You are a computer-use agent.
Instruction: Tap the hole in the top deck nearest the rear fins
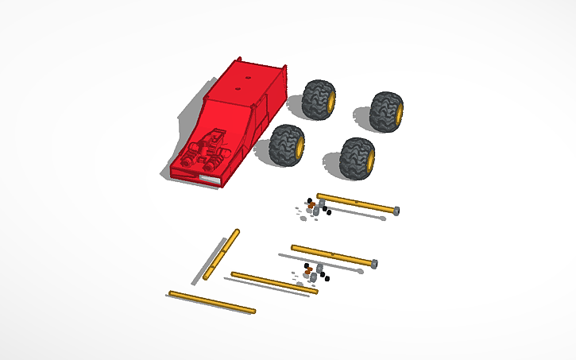coord(249,78)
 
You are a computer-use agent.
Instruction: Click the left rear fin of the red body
coord(238,62)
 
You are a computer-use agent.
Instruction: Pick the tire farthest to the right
coord(388,110)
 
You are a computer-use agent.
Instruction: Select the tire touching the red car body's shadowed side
coord(285,145)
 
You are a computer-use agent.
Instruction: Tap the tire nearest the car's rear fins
coord(319,98)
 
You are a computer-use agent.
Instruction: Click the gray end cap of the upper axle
coord(396,211)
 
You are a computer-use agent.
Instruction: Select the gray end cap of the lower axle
coord(373,263)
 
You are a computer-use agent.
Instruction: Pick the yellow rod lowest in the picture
coord(212,302)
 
